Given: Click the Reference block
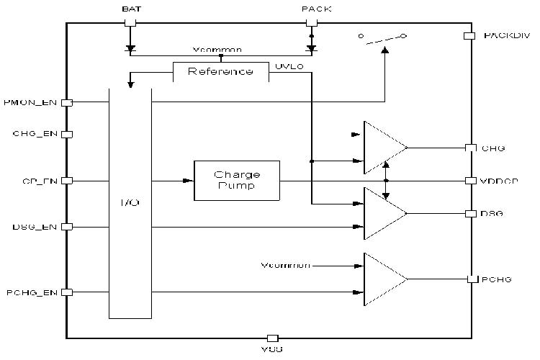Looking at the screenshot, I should (x=220, y=71).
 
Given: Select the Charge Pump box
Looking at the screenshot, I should (x=237, y=180).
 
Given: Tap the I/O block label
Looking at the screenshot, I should (x=130, y=203).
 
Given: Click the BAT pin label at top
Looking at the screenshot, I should (x=130, y=9).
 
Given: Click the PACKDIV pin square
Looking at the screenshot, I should (x=469, y=35).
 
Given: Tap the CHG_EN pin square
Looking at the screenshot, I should (x=66, y=134).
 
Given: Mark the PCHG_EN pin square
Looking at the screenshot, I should (x=66, y=292).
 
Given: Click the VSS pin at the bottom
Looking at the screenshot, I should (x=272, y=338).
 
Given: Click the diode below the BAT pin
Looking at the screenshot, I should (x=130, y=50).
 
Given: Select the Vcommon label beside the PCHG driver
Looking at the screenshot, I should (x=285, y=266).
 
